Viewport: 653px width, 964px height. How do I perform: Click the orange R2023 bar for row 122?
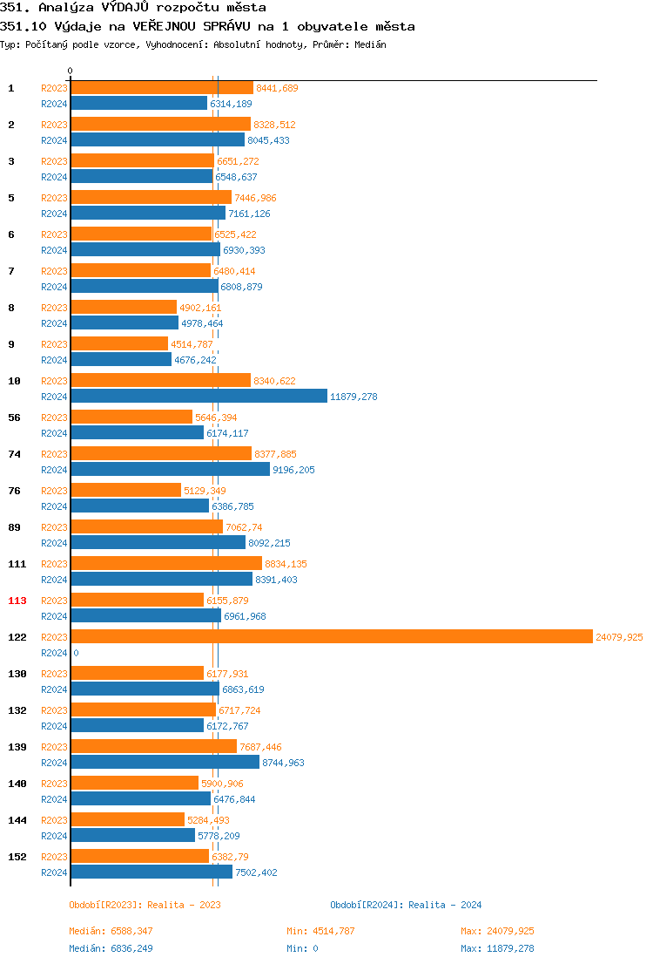click(331, 637)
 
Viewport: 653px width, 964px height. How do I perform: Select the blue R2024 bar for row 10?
click(199, 397)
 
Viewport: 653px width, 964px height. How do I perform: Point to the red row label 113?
click(17, 601)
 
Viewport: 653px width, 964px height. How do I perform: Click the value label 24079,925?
click(619, 637)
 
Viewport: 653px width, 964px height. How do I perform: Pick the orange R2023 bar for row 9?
click(118, 344)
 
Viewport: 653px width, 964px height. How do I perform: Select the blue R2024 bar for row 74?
click(170, 470)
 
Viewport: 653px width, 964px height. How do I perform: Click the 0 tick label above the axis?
click(71, 71)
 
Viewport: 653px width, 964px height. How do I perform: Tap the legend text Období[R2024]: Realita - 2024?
click(406, 905)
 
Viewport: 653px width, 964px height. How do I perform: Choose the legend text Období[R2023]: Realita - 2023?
click(145, 905)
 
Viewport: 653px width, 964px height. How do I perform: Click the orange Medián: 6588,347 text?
click(111, 931)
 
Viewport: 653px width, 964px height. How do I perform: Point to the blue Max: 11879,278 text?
click(497, 948)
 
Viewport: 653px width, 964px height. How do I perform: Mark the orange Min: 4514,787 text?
click(320, 931)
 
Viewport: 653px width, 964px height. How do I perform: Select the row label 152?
click(17, 857)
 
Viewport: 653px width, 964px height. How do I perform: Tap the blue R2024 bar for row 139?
click(165, 763)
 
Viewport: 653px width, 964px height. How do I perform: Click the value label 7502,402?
click(256, 872)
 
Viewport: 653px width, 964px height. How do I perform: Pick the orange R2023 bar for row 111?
click(165, 564)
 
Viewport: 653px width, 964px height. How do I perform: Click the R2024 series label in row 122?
click(54, 653)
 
